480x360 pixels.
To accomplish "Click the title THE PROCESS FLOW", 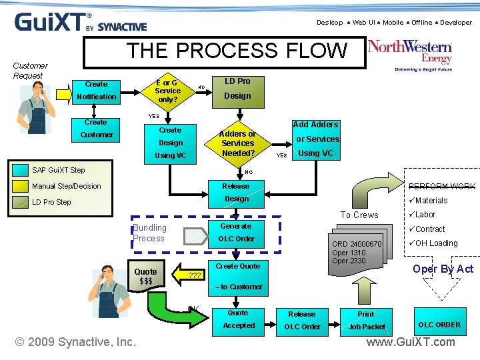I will point(237,51).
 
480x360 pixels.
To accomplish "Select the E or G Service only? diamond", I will point(167,91).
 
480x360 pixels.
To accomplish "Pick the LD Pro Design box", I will point(237,89).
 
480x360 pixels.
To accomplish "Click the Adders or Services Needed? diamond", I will point(237,143).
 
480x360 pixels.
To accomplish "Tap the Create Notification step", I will point(96,91).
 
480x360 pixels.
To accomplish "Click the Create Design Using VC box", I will point(170,143).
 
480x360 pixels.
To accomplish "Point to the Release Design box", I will point(236,192).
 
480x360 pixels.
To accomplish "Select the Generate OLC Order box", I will point(236,232).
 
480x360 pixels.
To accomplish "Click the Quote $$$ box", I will point(145,276).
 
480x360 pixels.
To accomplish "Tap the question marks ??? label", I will point(195,275).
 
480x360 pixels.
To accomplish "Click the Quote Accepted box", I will point(238,319).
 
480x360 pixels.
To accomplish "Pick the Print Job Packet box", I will point(366,320).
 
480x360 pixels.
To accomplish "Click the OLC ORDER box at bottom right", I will point(439,325).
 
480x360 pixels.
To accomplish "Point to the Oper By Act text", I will point(443,269).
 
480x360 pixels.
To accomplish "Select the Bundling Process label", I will point(149,233).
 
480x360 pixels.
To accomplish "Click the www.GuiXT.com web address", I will point(411,342).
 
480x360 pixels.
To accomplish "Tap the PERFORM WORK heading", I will point(441,187).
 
